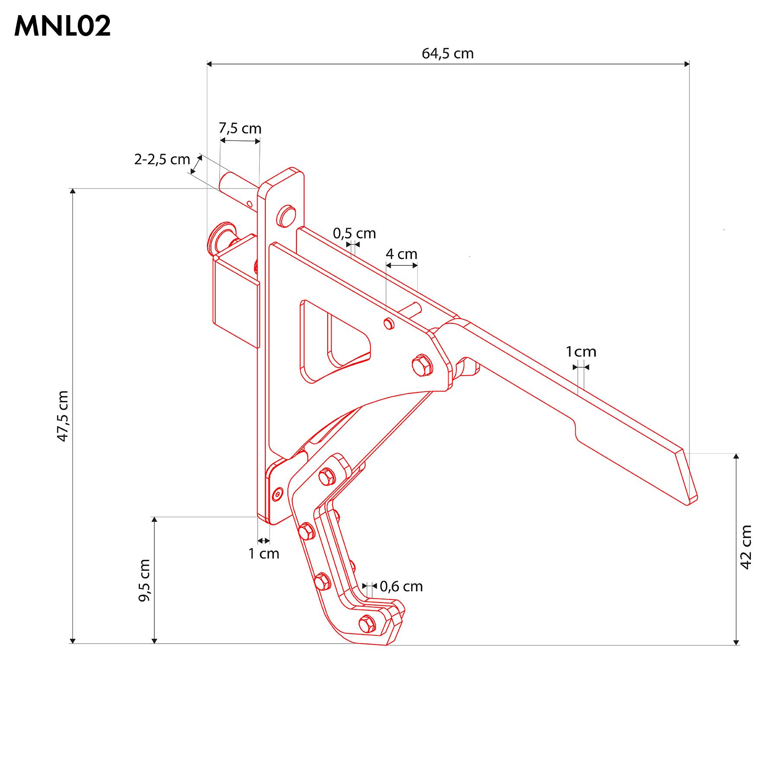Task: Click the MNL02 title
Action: [63, 26]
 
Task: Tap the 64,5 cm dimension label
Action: [448, 54]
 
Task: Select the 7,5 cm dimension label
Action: [240, 128]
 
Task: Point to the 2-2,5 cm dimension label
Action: [162, 159]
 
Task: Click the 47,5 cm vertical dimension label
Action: [63, 416]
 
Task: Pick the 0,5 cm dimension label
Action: [354, 233]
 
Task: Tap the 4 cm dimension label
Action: [402, 254]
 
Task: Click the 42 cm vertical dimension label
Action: [746, 547]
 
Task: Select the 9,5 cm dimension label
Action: [144, 580]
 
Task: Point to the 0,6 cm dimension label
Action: [401, 587]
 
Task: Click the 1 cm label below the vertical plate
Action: [264, 554]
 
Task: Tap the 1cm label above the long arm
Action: [581, 352]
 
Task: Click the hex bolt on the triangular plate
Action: [422, 366]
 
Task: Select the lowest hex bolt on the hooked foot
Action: [367, 624]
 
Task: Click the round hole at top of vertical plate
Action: [286, 216]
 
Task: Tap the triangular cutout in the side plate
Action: [333, 341]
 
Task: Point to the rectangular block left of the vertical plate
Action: [236, 298]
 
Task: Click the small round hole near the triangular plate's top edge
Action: [389, 323]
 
